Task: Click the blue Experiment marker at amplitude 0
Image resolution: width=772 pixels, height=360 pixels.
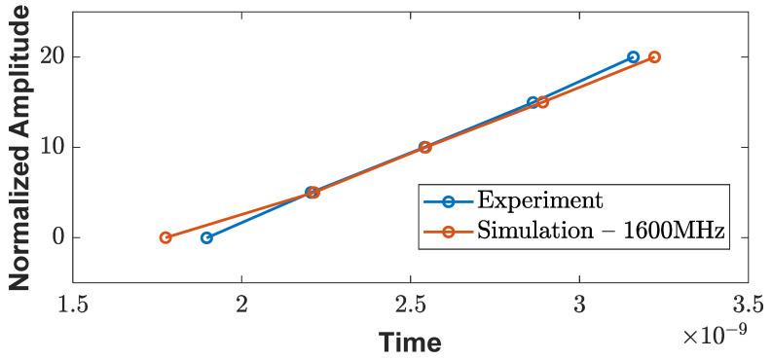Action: [206, 237]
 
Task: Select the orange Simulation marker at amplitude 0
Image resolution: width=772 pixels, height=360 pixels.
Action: [165, 237]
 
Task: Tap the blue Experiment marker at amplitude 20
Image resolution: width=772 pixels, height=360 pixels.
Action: [633, 57]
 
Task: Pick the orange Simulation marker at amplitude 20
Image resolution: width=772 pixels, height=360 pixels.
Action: [654, 57]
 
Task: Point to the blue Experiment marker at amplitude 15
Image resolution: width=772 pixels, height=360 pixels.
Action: [533, 102]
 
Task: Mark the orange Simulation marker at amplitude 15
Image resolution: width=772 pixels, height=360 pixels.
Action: [543, 102]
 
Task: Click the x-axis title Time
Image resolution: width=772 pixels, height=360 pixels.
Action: [410, 342]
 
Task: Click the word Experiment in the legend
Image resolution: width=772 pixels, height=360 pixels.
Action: [539, 201]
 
